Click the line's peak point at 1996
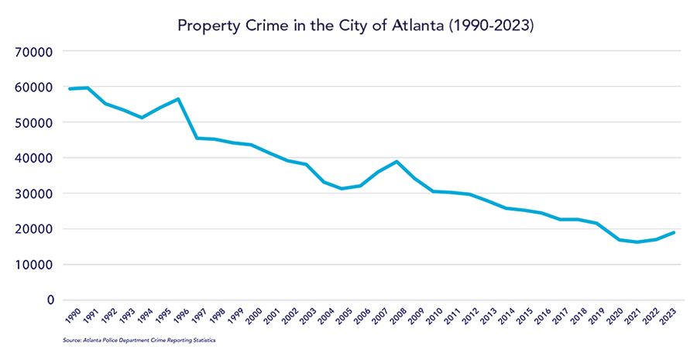[178, 99]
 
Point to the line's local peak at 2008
[397, 162]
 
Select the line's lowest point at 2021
[637, 242]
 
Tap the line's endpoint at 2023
[674, 232]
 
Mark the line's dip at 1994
[142, 118]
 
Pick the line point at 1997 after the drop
[197, 139]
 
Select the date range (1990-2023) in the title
[498, 25]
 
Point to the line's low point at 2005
[342, 188]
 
